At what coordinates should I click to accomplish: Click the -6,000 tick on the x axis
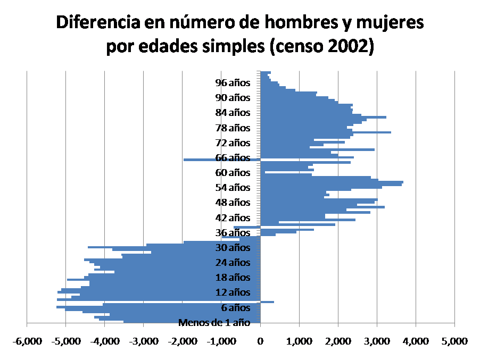[26, 340]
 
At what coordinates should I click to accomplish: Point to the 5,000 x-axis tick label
[454, 340]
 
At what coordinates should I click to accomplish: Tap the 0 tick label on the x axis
[260, 340]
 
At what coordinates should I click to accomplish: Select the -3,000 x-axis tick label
[143, 340]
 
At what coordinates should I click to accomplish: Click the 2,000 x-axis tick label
[338, 340]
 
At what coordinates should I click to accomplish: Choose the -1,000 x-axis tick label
[220, 340]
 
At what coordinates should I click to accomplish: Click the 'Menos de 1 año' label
[214, 322]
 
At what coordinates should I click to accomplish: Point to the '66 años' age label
[233, 158]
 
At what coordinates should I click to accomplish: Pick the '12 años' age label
[233, 292]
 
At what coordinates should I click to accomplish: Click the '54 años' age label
[233, 188]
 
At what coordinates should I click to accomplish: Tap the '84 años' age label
[233, 113]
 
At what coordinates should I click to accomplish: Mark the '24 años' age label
[233, 263]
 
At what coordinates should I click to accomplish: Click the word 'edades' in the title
[173, 47]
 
